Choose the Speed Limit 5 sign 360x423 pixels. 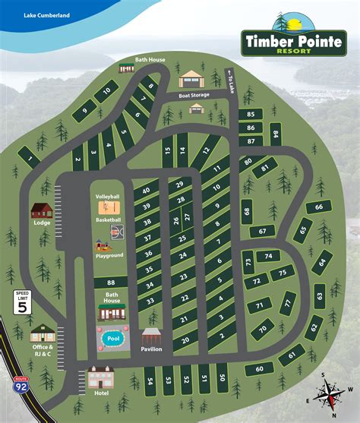tap(23, 303)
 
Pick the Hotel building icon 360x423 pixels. tap(101, 376)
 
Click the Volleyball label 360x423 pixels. tap(108, 197)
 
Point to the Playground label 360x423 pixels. tap(109, 255)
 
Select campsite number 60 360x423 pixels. tap(260, 368)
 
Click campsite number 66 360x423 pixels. tap(320, 207)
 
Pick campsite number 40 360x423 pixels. tap(146, 191)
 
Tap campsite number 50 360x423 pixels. tap(222, 377)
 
